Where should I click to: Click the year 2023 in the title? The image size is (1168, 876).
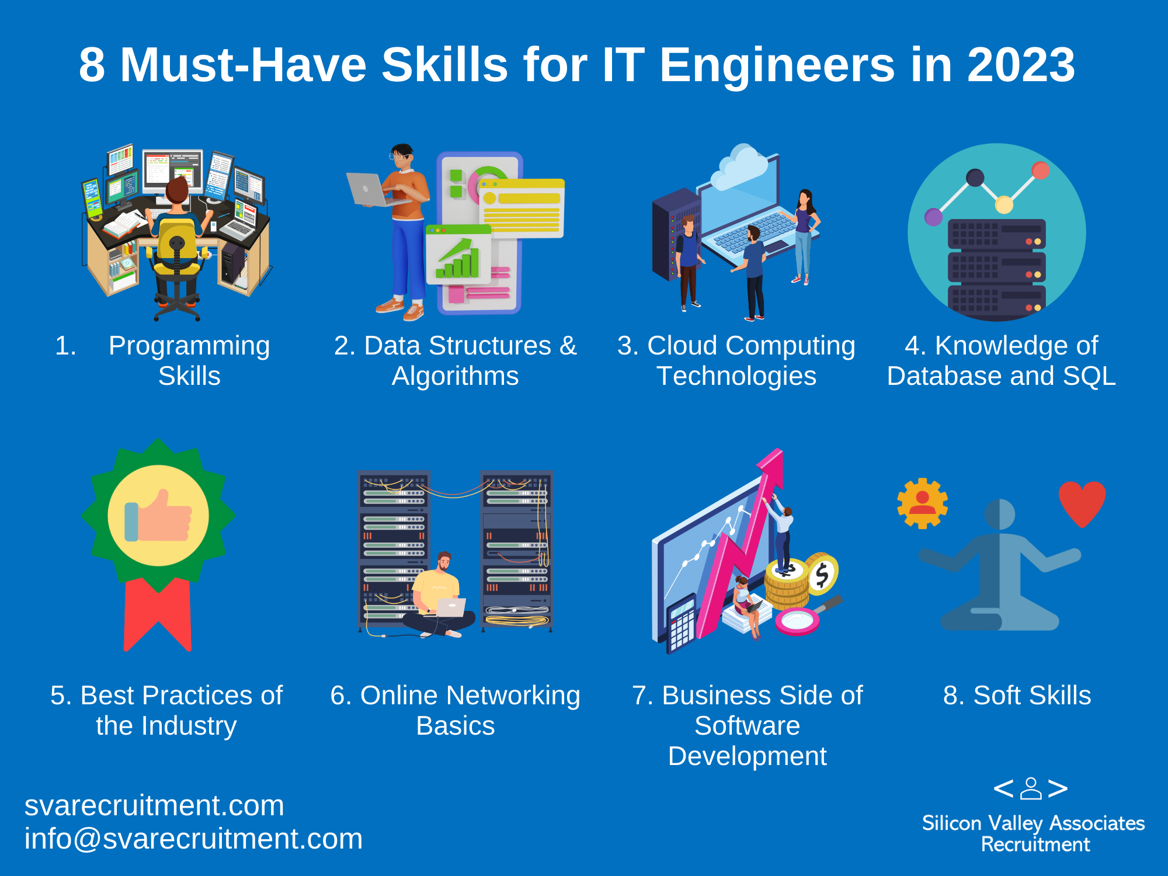point(1021,64)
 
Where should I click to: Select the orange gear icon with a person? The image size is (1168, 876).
point(922,503)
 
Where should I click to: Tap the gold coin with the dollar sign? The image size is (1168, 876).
point(822,574)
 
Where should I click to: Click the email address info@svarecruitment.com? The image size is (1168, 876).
point(193,839)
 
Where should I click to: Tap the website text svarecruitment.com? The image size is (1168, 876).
point(154,805)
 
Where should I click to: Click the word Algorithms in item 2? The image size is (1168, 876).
point(455,376)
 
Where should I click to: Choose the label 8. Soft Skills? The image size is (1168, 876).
point(1017,695)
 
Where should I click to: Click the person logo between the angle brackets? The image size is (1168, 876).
point(1031,788)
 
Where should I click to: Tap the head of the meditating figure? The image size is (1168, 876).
point(1000,515)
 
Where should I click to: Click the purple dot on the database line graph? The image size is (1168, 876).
point(933,217)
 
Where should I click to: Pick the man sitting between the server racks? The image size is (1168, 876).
point(440,596)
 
